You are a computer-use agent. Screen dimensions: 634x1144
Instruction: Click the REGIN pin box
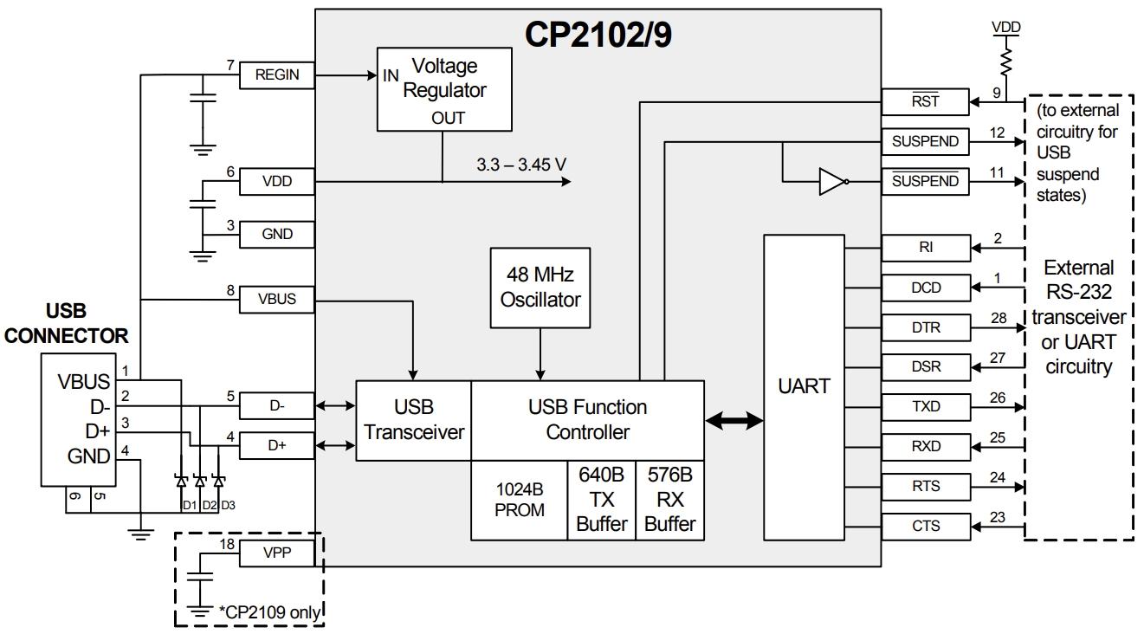point(277,75)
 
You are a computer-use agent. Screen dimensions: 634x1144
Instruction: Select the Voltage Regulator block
point(443,90)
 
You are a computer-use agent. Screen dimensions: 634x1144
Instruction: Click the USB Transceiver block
point(413,420)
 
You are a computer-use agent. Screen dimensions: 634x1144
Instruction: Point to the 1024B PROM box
point(519,500)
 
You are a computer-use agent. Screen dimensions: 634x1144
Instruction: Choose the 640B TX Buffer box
point(601,500)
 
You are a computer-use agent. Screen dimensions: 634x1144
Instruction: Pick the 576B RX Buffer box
point(669,500)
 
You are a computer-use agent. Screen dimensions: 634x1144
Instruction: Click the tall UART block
point(804,386)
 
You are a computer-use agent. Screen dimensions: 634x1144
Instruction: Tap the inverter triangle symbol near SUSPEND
point(832,182)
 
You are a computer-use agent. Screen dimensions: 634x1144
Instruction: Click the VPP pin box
point(277,554)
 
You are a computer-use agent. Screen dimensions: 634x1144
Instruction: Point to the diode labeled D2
point(200,481)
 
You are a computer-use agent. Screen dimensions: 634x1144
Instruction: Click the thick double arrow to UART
point(734,421)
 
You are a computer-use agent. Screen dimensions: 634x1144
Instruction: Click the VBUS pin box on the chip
point(277,300)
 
